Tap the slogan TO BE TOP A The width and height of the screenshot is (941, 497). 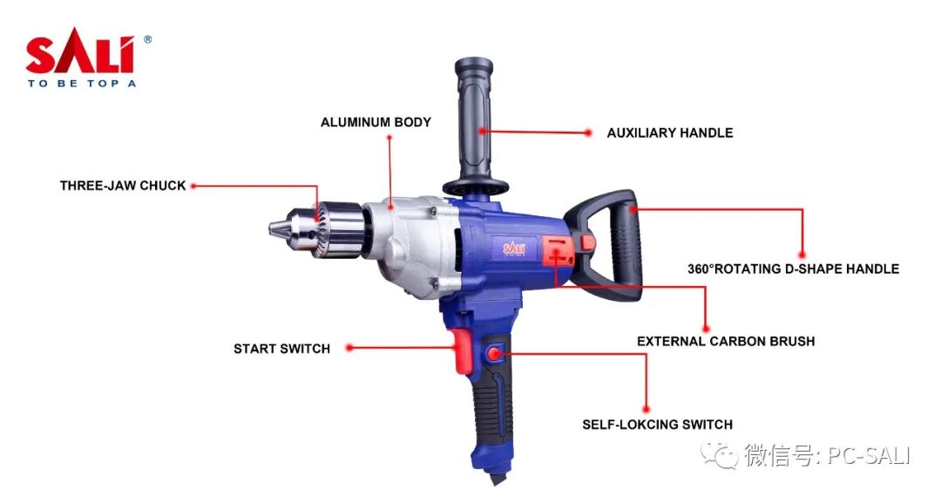(82, 84)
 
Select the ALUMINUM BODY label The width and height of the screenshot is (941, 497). (376, 122)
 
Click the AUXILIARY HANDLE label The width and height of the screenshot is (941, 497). (670, 133)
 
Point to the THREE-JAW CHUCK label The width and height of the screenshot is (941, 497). (123, 186)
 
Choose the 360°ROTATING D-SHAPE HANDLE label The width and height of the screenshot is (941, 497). (794, 269)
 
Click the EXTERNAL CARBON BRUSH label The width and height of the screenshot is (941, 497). (726, 342)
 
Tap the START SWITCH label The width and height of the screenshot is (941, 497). (281, 349)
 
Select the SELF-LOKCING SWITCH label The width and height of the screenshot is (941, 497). (657, 425)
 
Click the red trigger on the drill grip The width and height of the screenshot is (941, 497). (463, 351)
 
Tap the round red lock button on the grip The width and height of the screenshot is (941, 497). (495, 353)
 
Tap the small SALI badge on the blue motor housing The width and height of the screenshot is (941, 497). (514, 248)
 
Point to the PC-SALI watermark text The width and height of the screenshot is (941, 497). (869, 455)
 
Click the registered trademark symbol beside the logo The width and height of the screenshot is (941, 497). (147, 39)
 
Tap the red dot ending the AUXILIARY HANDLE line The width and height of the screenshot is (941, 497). (588, 133)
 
